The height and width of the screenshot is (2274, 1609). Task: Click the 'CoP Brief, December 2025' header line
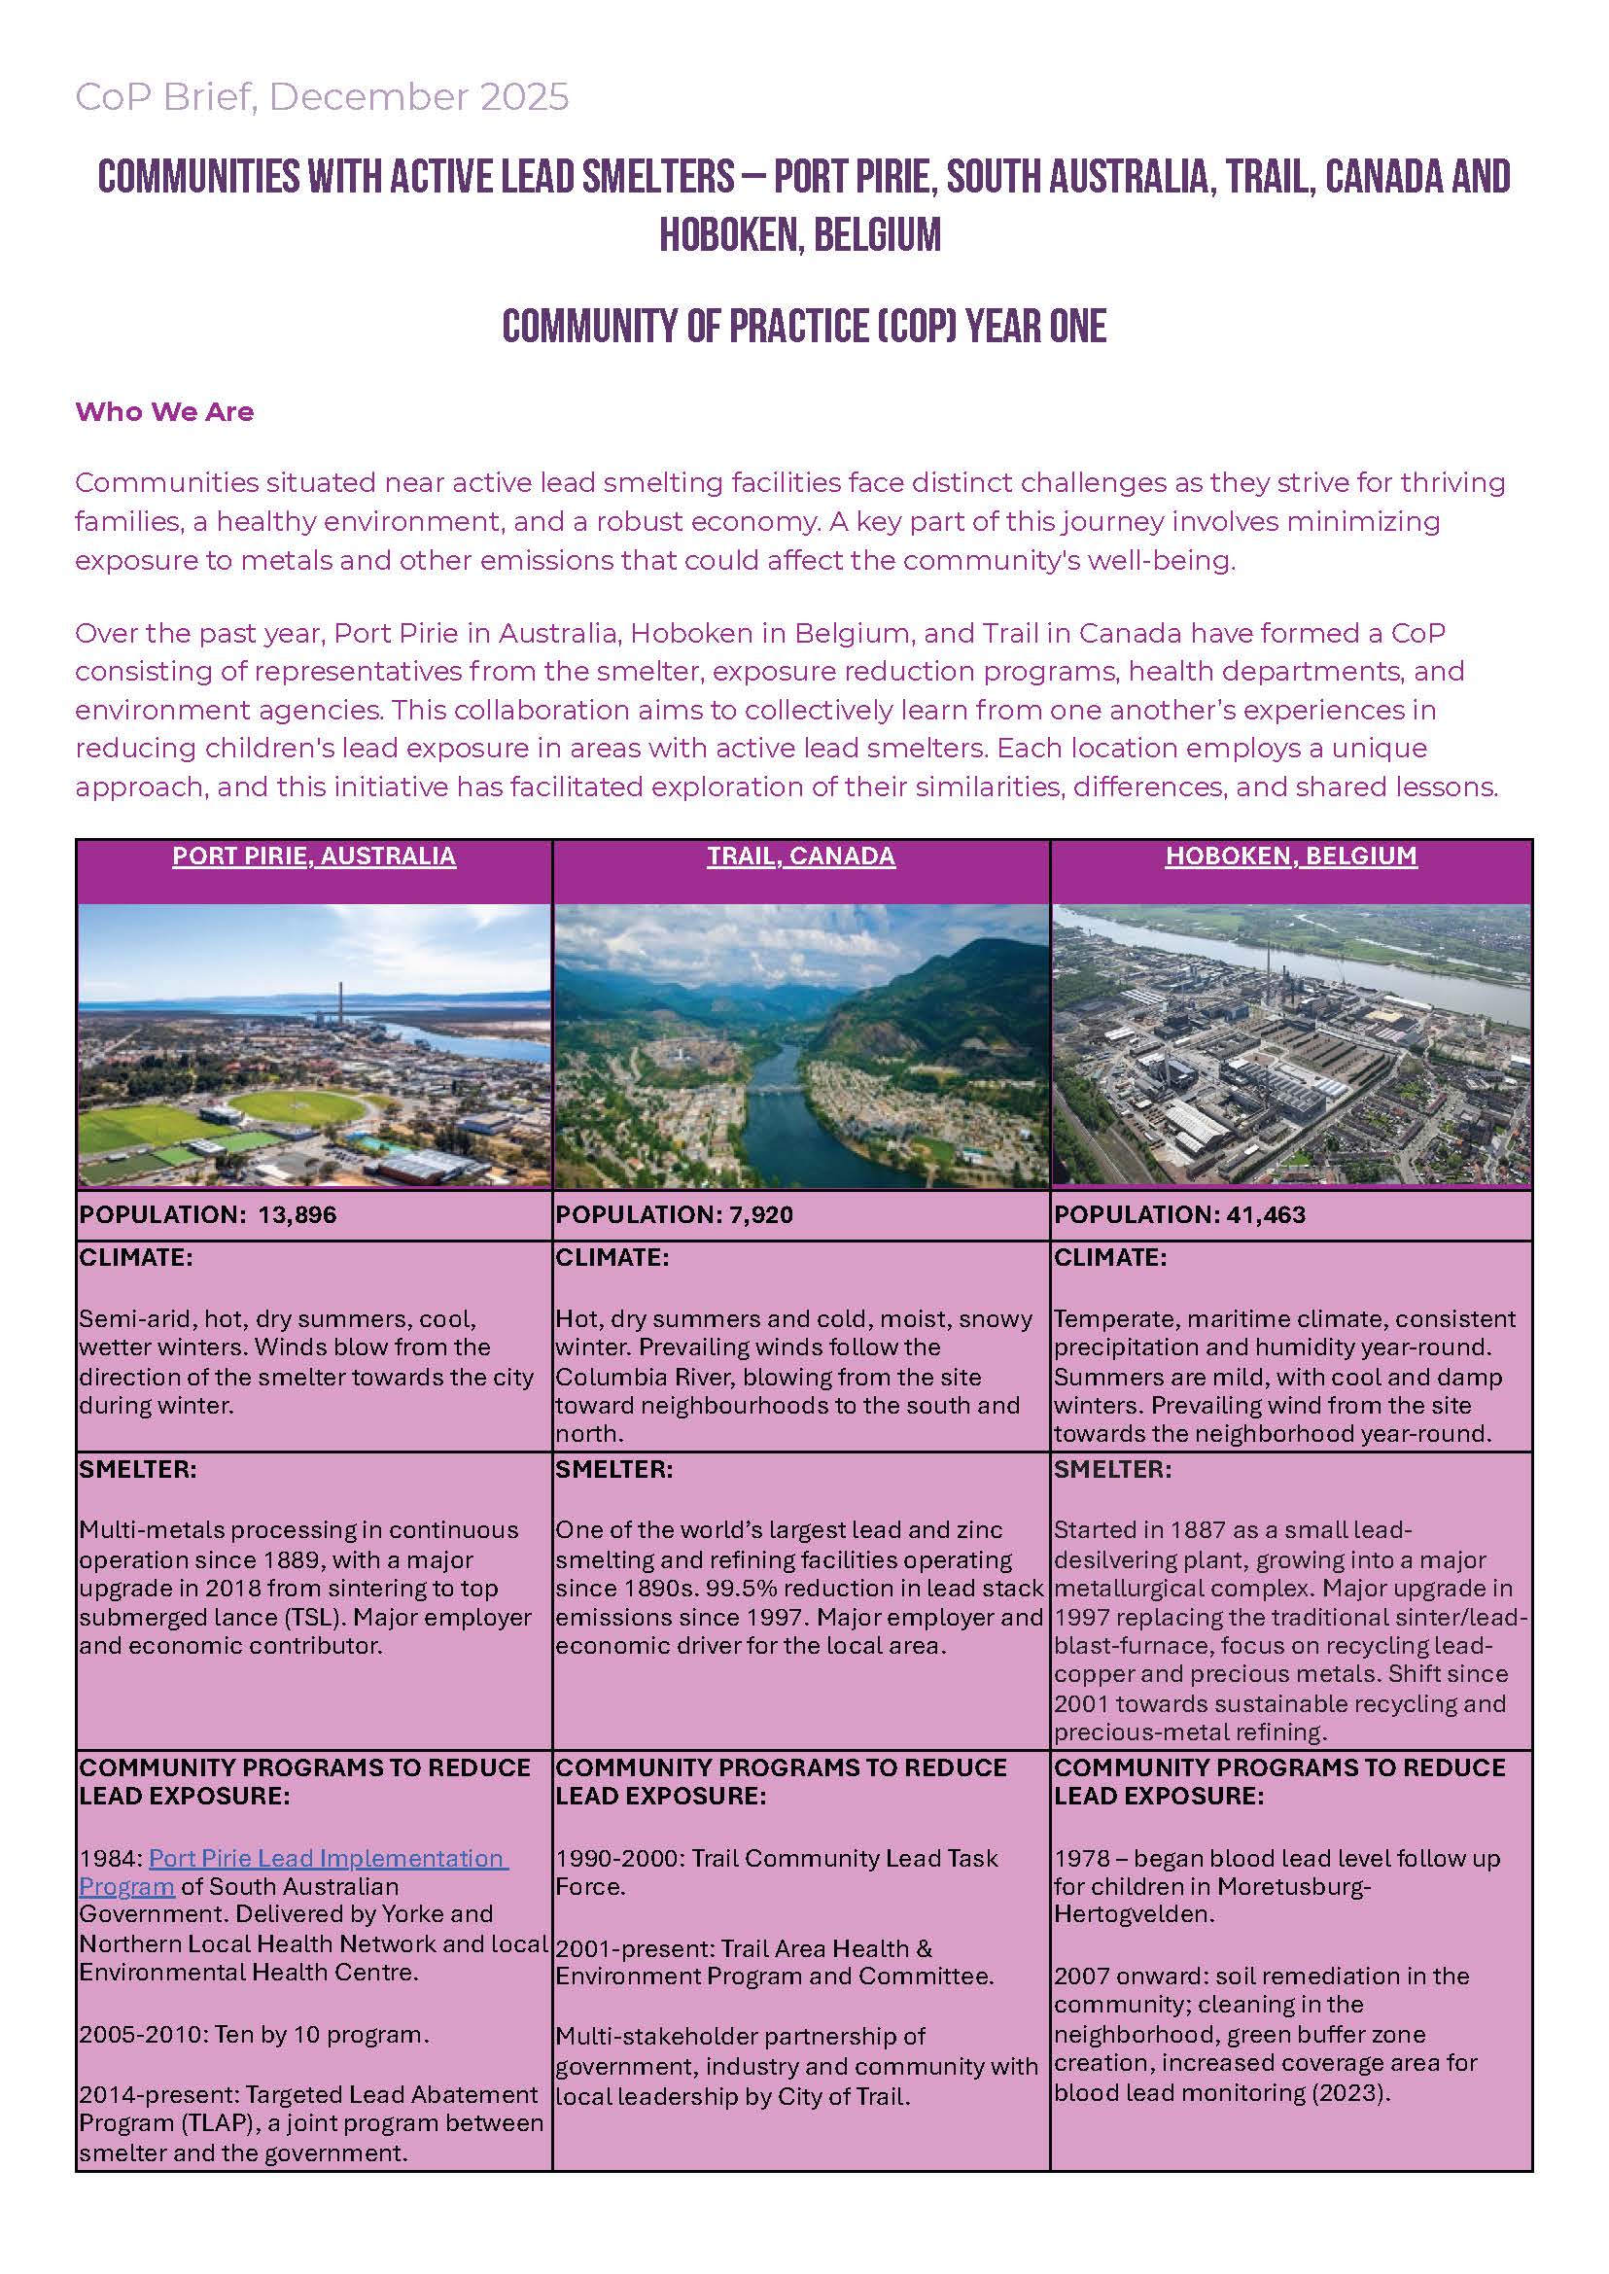(322, 97)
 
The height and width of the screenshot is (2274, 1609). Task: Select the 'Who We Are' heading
(164, 412)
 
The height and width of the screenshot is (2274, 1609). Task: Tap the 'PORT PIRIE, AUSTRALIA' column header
(314, 857)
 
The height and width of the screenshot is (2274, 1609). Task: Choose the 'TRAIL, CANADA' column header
(800, 857)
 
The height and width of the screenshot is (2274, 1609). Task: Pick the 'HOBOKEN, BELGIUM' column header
(1291, 857)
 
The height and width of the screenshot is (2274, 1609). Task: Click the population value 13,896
(297, 1215)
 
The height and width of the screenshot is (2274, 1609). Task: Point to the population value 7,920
(761, 1215)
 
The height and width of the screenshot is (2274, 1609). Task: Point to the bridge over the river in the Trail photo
(776, 1088)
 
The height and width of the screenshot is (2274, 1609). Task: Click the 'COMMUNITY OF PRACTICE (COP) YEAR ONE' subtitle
(803, 327)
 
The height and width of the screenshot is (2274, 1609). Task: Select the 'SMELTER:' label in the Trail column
(613, 1469)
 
